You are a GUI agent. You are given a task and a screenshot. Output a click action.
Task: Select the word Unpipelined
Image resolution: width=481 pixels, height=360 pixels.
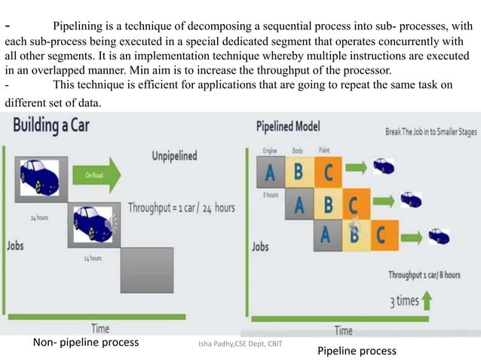[174, 156]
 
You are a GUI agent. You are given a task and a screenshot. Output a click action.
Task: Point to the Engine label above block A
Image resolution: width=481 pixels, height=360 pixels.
[270, 151]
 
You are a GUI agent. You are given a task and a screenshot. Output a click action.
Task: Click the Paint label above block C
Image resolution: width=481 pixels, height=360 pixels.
[324, 151]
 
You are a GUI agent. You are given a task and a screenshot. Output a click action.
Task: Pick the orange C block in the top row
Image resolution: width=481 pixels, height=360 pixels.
[327, 172]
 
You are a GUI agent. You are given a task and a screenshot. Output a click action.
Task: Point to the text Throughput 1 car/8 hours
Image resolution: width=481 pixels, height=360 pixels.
[424, 275]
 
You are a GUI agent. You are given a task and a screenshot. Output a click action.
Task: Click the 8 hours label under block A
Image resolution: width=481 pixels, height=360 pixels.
[271, 195]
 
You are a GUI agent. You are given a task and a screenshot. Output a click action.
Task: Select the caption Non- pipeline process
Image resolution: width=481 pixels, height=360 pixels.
[86, 342]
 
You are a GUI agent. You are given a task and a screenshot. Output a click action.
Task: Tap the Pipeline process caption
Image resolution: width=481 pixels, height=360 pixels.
[356, 351]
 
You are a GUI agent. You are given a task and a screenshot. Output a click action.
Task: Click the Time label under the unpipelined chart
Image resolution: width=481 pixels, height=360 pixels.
[100, 328]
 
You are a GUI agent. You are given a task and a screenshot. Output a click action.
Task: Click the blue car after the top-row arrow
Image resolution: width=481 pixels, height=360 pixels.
[383, 166]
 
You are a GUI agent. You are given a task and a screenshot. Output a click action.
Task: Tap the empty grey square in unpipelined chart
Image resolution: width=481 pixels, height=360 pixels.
[149, 268]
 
